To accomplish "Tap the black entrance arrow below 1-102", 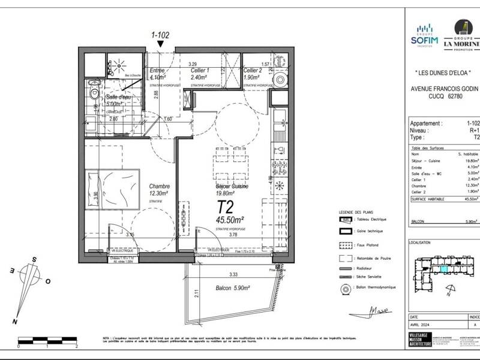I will coord(160,44).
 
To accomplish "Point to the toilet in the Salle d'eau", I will coord(92,96).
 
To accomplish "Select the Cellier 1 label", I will coord(199,74).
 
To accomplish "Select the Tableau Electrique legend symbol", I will coord(344,219).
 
